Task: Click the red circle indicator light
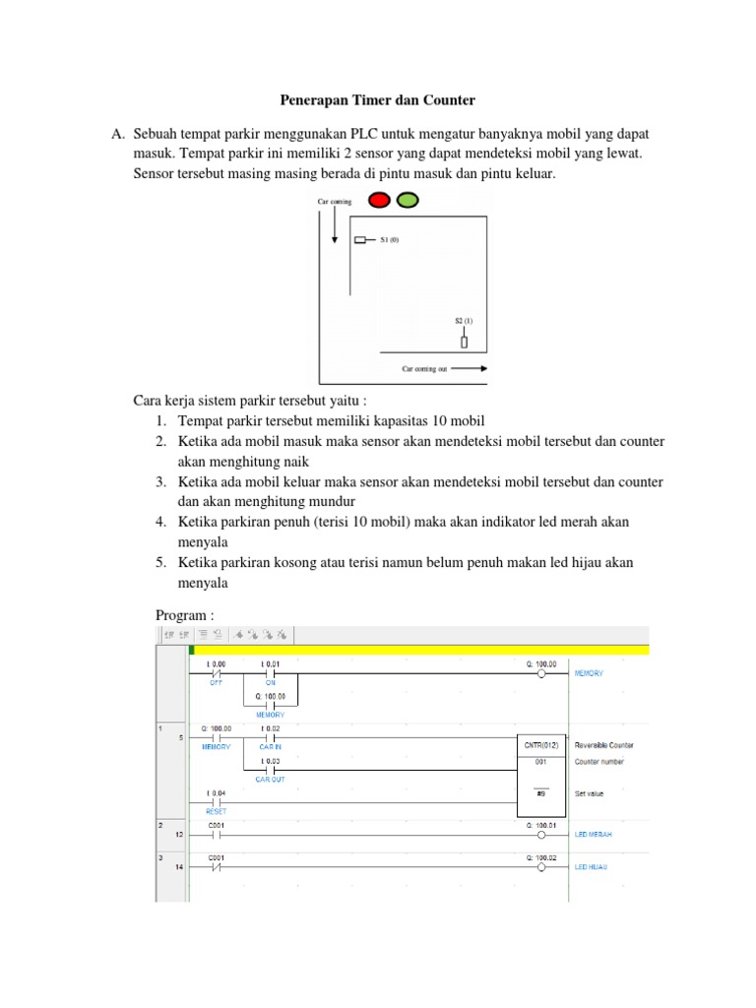(x=380, y=200)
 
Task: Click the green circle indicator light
(x=407, y=200)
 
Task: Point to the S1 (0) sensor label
(x=389, y=239)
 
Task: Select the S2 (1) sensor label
(x=464, y=321)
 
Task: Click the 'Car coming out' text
(x=424, y=369)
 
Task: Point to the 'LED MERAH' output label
(x=594, y=834)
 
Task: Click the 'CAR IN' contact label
(x=271, y=747)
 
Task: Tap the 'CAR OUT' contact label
(x=271, y=779)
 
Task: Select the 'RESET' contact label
(x=217, y=811)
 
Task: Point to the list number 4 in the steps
(x=159, y=520)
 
